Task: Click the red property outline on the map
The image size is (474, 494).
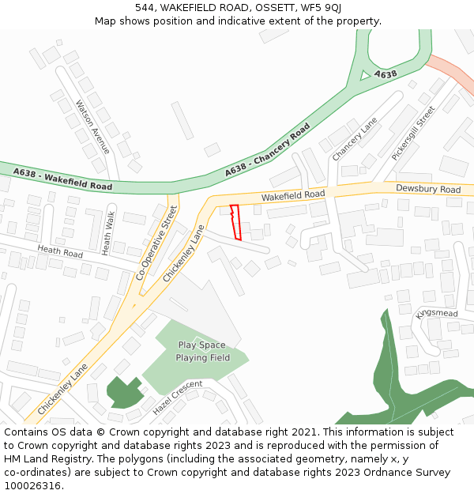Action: pos(235,222)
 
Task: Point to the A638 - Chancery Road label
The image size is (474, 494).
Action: pos(267,150)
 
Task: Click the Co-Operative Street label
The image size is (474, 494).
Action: pos(158,241)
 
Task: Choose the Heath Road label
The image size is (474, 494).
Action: pos(60,253)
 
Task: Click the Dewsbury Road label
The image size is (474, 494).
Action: pos(428,190)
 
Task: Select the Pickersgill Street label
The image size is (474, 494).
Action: pos(412,133)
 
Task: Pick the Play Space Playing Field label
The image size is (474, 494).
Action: pos(202,351)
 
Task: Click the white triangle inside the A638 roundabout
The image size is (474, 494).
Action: pos(364,75)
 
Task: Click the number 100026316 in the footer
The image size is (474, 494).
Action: pos(32,485)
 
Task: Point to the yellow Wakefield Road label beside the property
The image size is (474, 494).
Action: pos(293,194)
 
